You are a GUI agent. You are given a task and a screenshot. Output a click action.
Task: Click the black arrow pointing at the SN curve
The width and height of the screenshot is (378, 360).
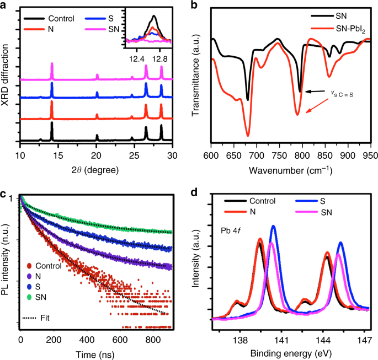pyautogui.click(x=312, y=92)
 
